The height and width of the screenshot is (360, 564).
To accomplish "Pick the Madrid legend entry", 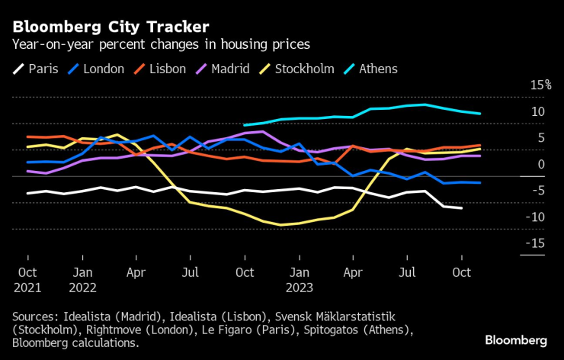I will coord(221,69).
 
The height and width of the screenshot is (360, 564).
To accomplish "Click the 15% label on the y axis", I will coord(540,85).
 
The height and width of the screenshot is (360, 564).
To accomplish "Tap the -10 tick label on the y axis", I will coord(537,217).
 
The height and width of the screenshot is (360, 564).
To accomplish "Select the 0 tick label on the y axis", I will coord(541,164).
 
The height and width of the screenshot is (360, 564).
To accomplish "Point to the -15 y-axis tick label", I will coord(537,243).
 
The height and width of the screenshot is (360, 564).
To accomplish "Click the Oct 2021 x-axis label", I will coord(27,279).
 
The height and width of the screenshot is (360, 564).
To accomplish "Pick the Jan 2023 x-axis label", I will coord(300,279).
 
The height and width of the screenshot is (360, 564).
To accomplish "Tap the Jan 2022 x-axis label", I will coord(82,279).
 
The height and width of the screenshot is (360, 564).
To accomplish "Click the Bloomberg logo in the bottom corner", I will coord(516,339).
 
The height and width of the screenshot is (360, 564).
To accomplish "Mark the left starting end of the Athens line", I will coord(244,125).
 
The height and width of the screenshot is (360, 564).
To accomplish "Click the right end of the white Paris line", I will coord(462,208).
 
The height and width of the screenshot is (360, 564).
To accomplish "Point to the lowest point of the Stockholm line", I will coord(280,225).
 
